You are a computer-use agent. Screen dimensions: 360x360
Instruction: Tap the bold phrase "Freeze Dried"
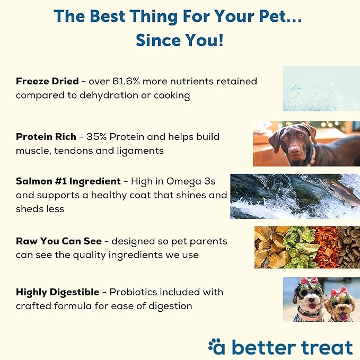point(46,82)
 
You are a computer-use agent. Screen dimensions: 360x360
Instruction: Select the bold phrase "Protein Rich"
point(46,137)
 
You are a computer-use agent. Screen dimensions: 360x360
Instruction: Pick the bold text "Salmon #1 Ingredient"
point(67,181)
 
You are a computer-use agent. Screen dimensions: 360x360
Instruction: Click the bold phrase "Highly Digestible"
point(57,292)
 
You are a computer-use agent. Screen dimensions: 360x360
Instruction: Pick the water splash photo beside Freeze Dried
point(321,88)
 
